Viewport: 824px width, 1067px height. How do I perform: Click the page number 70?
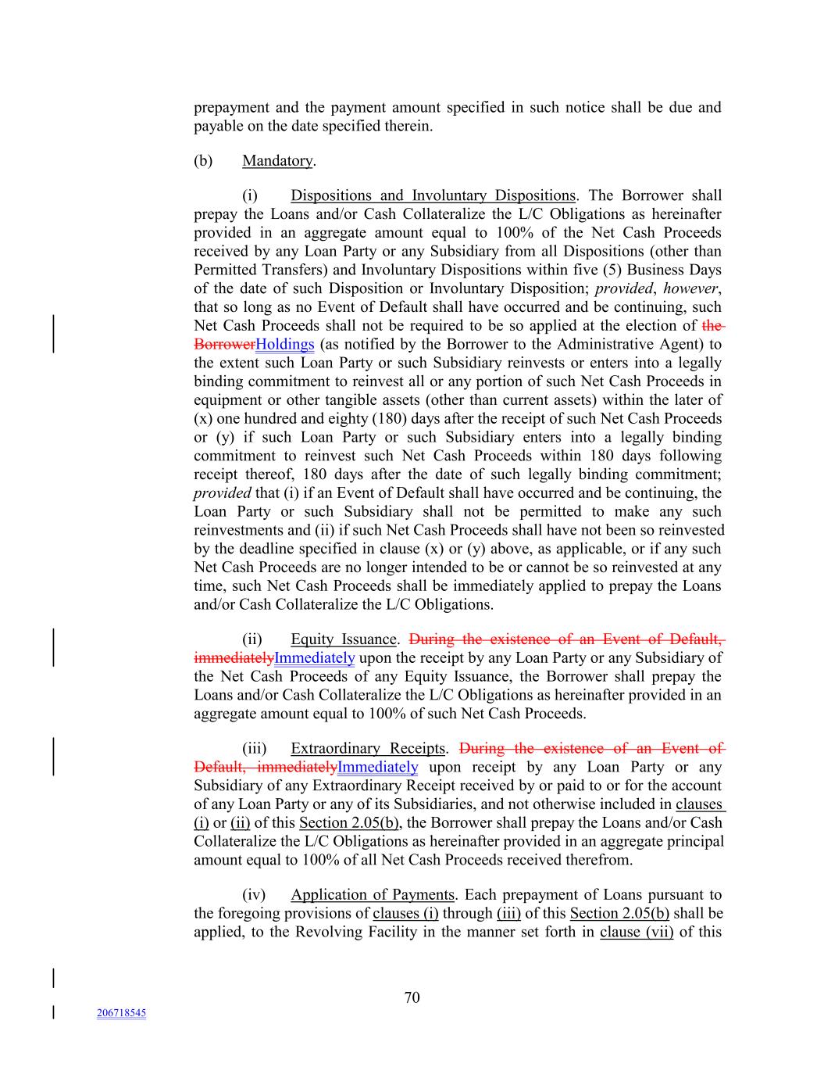(412, 997)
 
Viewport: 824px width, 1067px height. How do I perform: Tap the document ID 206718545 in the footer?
(121, 1013)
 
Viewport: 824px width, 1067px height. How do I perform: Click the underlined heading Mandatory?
(277, 161)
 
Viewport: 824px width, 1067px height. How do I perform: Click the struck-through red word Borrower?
(224, 345)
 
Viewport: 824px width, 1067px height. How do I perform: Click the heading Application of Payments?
(373, 895)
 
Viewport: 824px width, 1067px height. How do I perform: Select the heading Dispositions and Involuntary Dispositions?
(433, 195)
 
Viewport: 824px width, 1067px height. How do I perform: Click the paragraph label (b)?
(203, 161)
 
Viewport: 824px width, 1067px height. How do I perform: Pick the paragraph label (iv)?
(254, 895)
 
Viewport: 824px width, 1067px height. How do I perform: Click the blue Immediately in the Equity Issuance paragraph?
(315, 658)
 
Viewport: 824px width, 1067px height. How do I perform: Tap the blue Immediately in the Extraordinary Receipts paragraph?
(378, 768)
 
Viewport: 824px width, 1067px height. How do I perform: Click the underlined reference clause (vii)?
(637, 932)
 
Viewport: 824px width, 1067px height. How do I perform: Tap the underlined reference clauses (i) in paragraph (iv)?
(405, 914)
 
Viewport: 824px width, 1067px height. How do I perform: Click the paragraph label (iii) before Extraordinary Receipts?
(254, 749)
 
